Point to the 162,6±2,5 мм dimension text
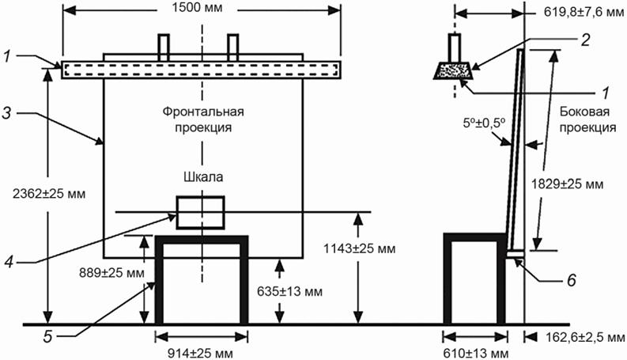(580, 338)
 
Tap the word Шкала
(202, 177)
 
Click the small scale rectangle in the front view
(201, 212)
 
